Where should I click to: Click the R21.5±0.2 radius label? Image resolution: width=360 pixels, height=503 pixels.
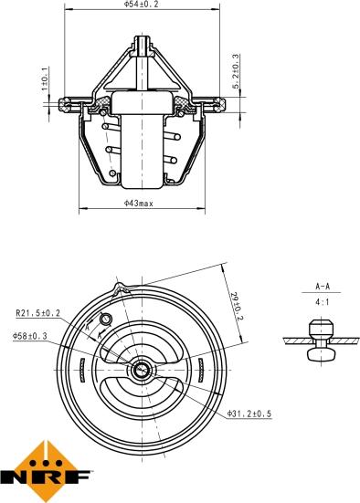[37, 312]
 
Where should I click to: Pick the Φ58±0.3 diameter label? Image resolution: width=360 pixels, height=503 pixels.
[31, 336]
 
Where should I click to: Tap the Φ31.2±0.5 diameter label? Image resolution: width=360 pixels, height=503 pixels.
[249, 414]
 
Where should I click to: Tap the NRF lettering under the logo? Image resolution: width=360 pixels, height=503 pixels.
[46, 477]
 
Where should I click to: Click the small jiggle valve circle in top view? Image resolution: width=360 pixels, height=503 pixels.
[104, 319]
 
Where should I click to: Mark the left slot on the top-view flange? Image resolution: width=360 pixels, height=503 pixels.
[82, 370]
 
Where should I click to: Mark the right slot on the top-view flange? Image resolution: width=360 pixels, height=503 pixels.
[198, 370]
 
